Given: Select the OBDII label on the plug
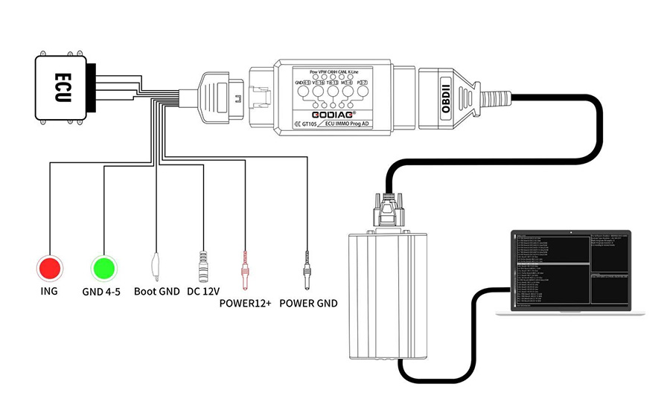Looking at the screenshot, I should [447, 96].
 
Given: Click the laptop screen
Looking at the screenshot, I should [569, 272].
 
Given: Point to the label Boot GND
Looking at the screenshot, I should [156, 292].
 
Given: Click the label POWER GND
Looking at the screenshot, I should [308, 303].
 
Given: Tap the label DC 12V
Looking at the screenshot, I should [204, 292].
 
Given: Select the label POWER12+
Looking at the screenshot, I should [246, 303].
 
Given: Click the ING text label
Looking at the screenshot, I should [49, 291].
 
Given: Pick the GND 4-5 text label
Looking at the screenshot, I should [103, 292].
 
